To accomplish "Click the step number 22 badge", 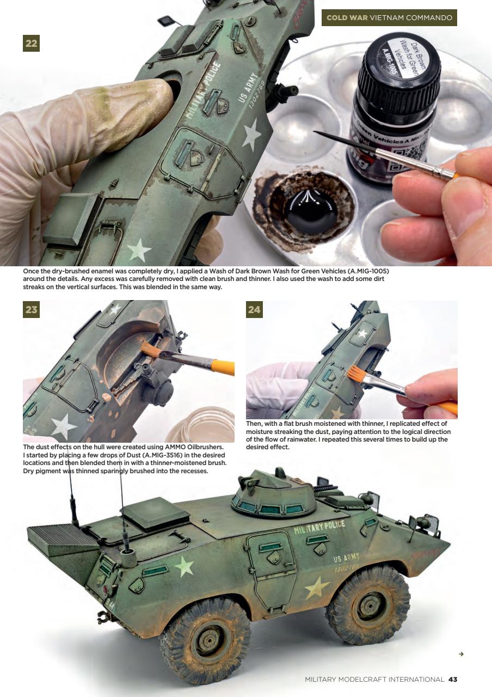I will tap(31, 43).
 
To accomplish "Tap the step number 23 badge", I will tap(31, 310).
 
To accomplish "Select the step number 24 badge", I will tap(254, 310).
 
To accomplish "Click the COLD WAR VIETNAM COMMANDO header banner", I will tap(389, 17).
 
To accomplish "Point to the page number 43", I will tap(453, 679).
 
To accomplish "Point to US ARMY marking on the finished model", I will tap(346, 558).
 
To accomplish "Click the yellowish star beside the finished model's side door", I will tap(317, 587).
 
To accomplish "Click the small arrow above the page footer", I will tap(461, 653).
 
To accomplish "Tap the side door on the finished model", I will tap(271, 566).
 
